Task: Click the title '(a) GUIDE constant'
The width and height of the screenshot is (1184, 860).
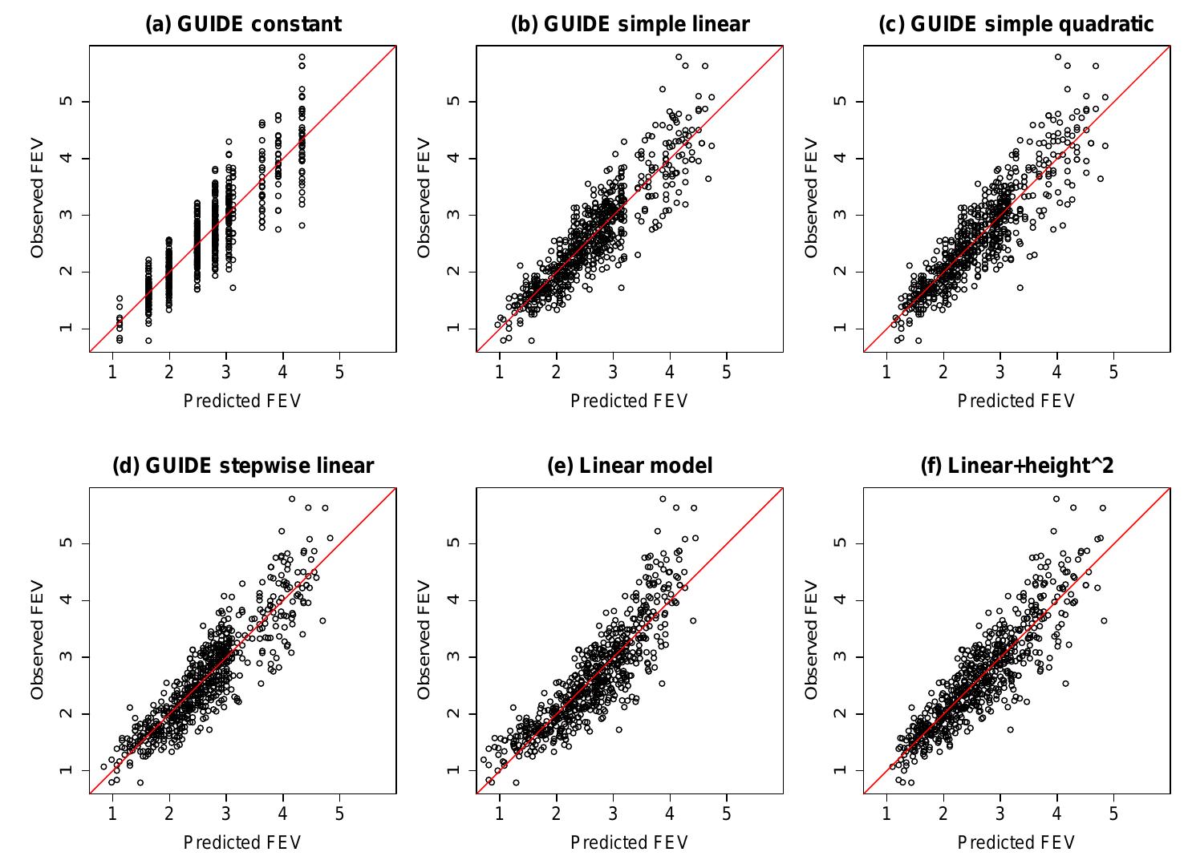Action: tap(243, 24)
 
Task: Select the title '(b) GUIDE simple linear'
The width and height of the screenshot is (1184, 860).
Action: tap(630, 24)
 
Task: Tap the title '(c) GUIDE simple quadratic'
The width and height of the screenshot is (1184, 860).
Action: tap(1016, 24)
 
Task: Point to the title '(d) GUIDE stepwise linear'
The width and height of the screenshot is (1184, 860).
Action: tap(243, 466)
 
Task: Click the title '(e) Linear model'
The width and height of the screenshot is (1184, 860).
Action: tap(630, 466)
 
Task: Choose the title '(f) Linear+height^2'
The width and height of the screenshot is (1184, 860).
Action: tap(1016, 466)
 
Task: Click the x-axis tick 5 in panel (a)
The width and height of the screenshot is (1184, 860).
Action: tap(339, 372)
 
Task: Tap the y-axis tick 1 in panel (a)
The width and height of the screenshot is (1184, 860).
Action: tap(67, 328)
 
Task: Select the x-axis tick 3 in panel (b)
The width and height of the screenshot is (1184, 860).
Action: tap(613, 372)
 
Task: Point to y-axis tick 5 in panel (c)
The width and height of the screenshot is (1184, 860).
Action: tap(841, 101)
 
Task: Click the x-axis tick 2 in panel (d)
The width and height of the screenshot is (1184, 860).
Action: tap(169, 814)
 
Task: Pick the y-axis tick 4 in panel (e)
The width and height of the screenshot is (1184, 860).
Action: tap(454, 600)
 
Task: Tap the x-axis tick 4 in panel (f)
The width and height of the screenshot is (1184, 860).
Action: tap(1056, 814)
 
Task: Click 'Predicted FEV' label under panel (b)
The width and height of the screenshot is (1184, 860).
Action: tap(630, 401)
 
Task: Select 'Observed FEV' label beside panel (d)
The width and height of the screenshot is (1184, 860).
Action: tap(37, 640)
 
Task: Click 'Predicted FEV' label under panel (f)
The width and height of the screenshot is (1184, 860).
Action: tap(1016, 842)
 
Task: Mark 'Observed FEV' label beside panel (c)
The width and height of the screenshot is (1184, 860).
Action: tap(811, 199)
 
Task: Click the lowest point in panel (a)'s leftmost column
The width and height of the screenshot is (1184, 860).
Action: tap(120, 341)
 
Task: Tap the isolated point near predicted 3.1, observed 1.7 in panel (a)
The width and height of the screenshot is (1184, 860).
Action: tap(233, 287)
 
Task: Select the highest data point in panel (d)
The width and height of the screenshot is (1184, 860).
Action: tap(292, 499)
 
